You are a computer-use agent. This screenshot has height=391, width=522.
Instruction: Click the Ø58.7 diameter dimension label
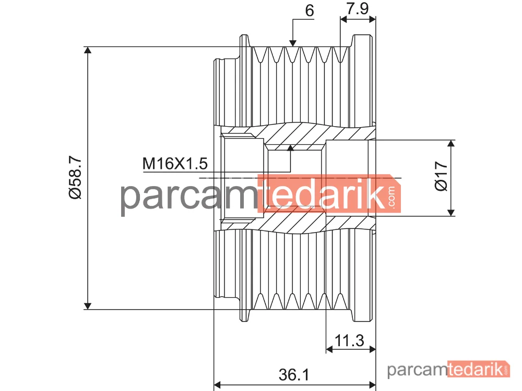75,178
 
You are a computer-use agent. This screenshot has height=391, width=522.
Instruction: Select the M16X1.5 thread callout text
175,164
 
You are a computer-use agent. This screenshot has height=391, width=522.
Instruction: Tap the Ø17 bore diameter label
442,176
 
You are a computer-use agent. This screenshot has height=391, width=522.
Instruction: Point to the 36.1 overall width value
294,375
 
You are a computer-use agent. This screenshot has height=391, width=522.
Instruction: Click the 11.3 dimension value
349,340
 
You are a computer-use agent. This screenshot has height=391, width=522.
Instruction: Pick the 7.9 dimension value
358,8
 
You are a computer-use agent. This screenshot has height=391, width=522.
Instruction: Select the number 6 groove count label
310,10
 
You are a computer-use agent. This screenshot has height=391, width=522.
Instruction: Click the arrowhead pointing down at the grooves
293,43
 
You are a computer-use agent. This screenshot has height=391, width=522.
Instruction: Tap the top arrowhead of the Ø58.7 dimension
88,50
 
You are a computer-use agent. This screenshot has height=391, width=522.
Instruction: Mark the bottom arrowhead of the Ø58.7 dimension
88,306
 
